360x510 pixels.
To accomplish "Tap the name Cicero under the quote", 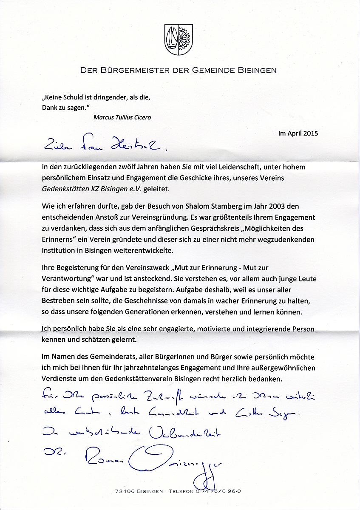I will click(x=141, y=118).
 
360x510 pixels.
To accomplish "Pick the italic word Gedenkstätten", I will click(x=65, y=187).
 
